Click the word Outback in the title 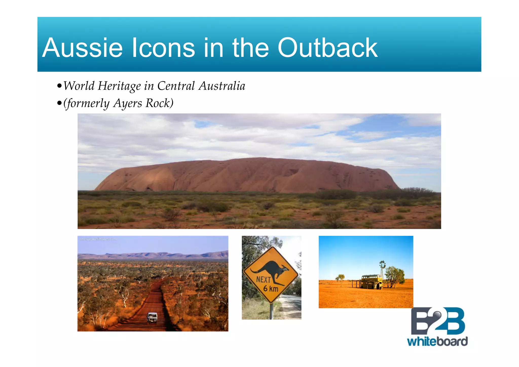327,48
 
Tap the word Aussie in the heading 82,48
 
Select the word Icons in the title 163,48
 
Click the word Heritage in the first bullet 119,86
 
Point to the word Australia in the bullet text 222,86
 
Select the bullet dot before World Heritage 59,86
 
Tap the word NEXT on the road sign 263,279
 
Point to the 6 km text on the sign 271,289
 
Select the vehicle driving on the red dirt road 152,317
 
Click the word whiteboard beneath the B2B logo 437,341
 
